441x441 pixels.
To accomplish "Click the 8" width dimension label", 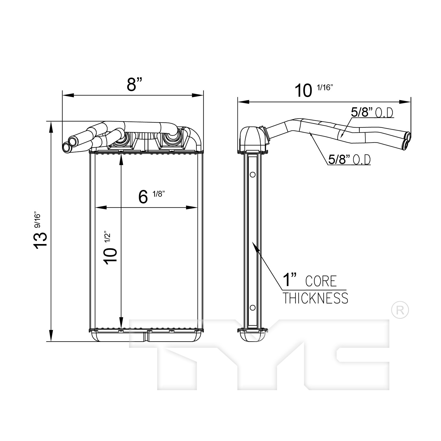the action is point(135,84).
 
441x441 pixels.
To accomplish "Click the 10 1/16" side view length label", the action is point(313,90).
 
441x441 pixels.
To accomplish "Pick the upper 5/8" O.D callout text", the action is point(372,113).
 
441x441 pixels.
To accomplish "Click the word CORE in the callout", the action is point(321,281).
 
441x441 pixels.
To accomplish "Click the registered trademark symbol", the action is point(400,309).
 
